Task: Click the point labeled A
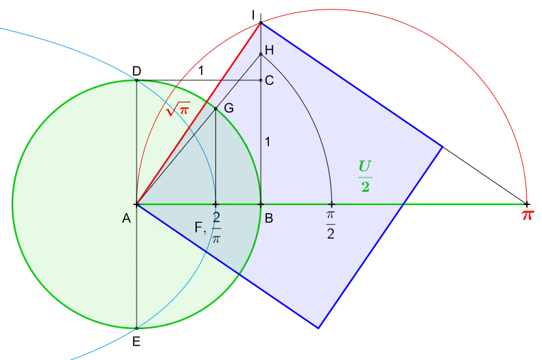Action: coord(137,204)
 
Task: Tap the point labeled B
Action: coord(261,204)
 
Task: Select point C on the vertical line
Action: coord(261,80)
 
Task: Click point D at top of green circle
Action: coord(137,80)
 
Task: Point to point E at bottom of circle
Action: coord(137,328)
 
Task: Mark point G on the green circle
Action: coord(215,108)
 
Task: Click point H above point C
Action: coord(261,54)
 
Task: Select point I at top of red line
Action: coord(261,23)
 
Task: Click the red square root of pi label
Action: coord(178,109)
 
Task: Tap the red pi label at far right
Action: coord(528,215)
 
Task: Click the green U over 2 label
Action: coord(365,176)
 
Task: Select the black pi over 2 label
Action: coord(331,225)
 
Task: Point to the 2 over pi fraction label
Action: coord(216,228)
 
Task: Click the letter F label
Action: coord(199,228)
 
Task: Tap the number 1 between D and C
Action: coord(200,71)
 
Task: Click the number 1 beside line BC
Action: coord(267,142)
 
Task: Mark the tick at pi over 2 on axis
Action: coord(331,204)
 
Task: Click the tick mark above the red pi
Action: coord(526,204)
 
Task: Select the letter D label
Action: coord(137,71)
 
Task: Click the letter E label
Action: coord(137,341)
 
